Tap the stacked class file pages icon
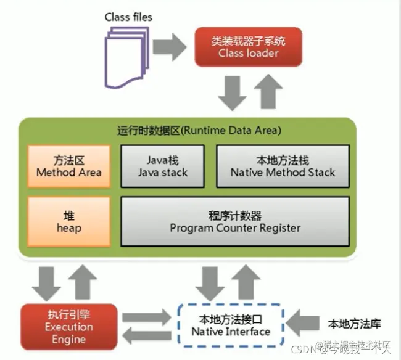click(126, 54)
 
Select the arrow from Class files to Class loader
click(170, 45)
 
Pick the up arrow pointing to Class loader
click(267, 90)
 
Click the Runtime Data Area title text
click(199, 131)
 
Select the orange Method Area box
click(68, 166)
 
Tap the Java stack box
click(162, 166)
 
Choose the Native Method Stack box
click(283, 166)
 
